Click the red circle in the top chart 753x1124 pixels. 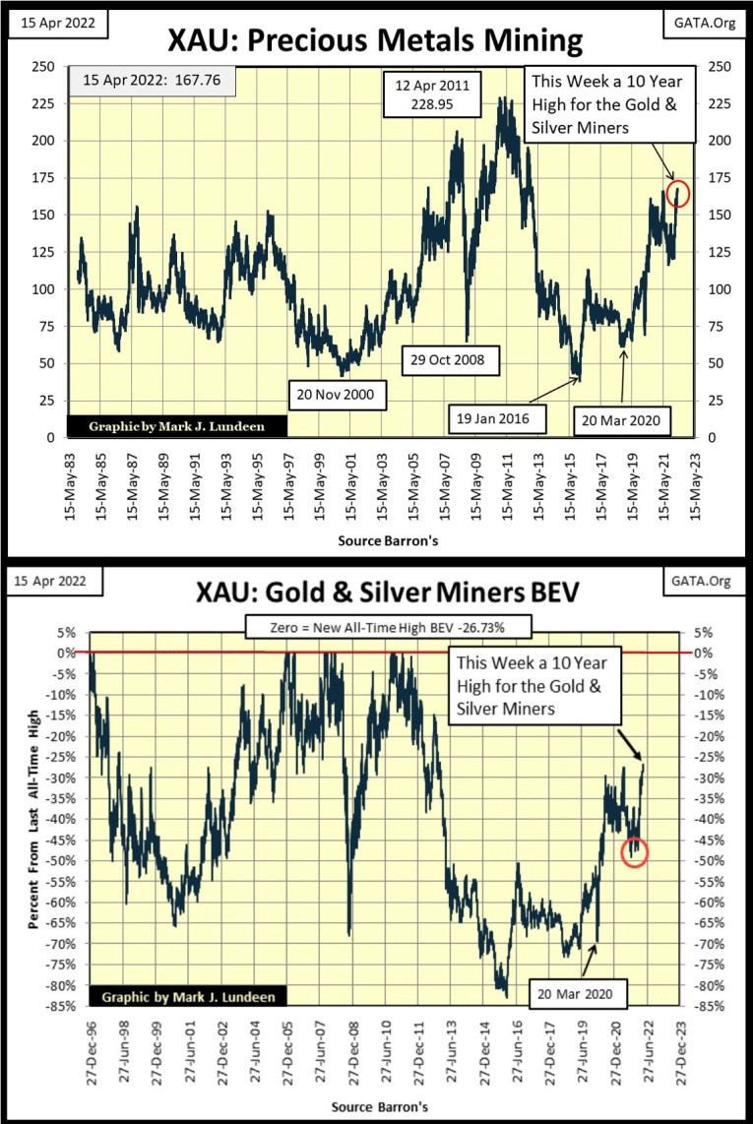(678, 194)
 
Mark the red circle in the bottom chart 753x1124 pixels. (635, 852)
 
